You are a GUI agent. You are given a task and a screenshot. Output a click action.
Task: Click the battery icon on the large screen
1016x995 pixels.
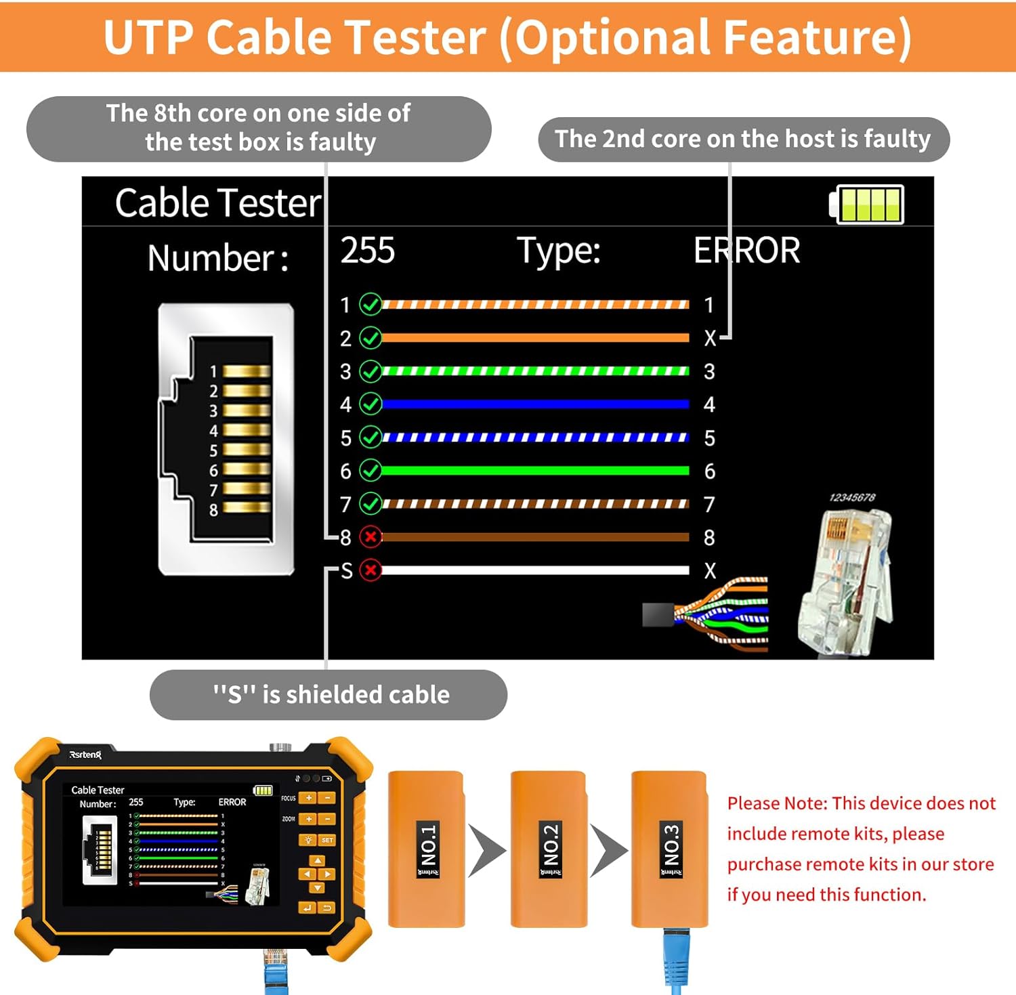click(x=868, y=204)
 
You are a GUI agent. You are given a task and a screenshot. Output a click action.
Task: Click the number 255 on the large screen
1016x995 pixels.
click(x=367, y=251)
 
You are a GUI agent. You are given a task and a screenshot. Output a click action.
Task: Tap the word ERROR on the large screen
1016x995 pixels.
click(x=746, y=251)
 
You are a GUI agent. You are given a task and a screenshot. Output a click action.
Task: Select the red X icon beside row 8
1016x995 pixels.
click(x=371, y=537)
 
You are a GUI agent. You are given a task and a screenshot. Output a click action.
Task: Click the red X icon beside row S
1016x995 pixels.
click(x=371, y=570)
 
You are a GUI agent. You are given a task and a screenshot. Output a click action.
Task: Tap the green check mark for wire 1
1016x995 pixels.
click(x=371, y=305)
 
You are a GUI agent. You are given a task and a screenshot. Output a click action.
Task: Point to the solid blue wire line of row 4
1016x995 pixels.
click(x=535, y=404)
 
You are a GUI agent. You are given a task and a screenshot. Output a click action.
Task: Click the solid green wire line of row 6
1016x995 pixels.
click(x=535, y=471)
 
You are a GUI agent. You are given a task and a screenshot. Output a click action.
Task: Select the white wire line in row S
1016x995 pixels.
click(x=535, y=570)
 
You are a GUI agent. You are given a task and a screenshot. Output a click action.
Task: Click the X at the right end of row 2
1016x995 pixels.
click(x=709, y=338)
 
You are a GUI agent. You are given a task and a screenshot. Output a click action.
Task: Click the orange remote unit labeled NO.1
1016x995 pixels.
click(x=426, y=849)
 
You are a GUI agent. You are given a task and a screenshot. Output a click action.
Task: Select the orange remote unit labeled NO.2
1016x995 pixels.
click(x=548, y=849)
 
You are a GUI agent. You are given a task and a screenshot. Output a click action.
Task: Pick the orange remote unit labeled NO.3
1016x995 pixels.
click(x=669, y=849)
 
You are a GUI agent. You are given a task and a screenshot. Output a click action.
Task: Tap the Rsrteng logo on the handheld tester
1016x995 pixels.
click(x=85, y=755)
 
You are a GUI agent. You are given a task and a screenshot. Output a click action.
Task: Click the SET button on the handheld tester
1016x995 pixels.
click(x=327, y=840)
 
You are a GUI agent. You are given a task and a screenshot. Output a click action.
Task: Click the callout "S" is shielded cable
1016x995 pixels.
click(x=329, y=695)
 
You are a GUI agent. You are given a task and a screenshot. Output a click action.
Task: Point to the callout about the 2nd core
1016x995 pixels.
click(x=743, y=140)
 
